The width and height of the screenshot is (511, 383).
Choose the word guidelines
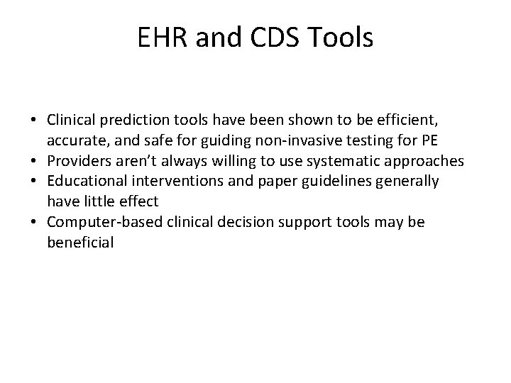353,182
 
